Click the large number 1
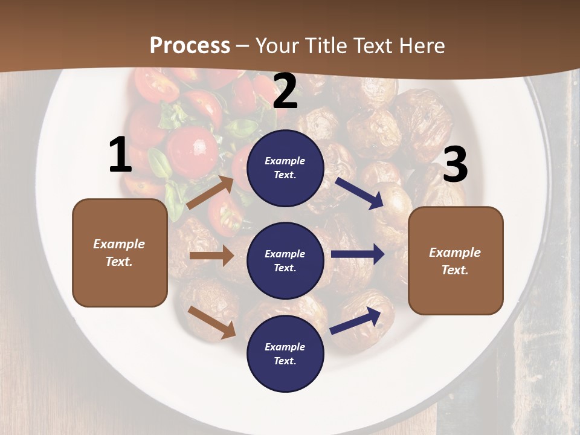[x=120, y=156]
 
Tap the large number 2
[x=285, y=92]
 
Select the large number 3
[x=455, y=164]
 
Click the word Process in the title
[x=190, y=46]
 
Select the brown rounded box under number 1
[x=120, y=253]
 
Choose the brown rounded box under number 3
[x=456, y=260]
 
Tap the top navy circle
[x=285, y=167]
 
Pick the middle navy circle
[x=285, y=260]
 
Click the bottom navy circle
[x=285, y=353]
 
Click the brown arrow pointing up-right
[x=210, y=193]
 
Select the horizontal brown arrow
[x=211, y=256]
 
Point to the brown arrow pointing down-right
[x=211, y=322]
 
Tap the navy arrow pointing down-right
[x=359, y=193]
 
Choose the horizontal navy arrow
[x=358, y=254]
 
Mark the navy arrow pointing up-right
[x=356, y=321]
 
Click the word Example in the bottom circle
[x=285, y=347]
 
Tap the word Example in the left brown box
[x=119, y=244]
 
